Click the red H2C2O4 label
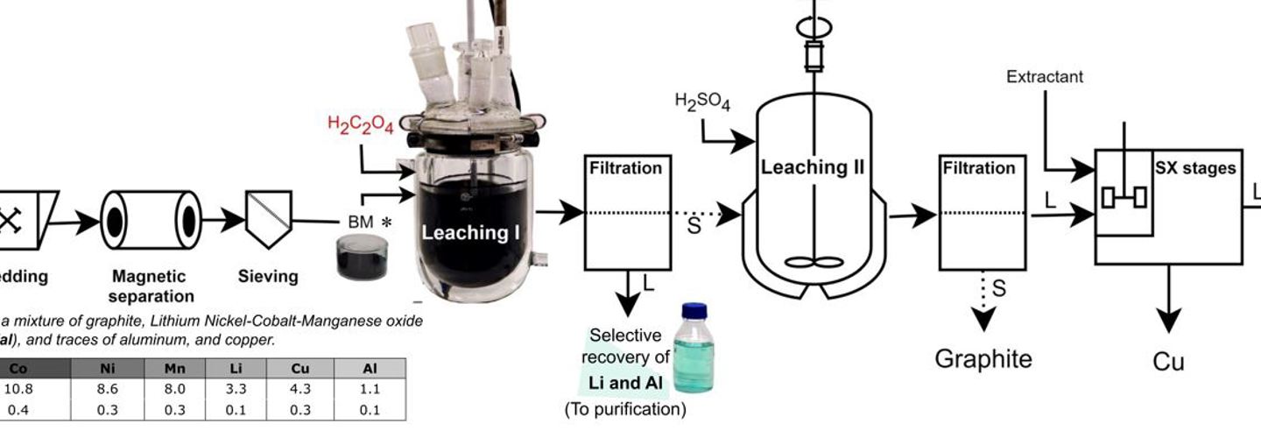tap(360, 124)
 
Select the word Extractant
tap(1045, 77)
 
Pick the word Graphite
tap(983, 358)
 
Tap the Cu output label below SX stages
tap(1168, 361)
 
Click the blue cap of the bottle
tap(694, 310)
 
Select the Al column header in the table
tap(369, 368)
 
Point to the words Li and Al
tap(628, 382)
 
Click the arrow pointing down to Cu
tap(1168, 307)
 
